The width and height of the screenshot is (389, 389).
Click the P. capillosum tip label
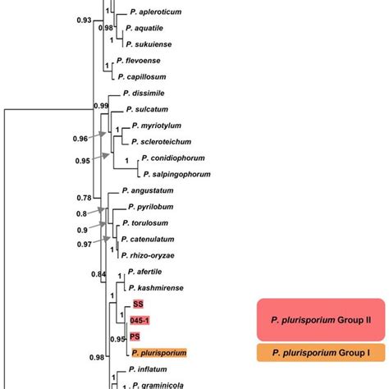pyautogui.click(x=148, y=76)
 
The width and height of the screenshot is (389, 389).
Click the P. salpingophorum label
pyautogui.click(x=176, y=174)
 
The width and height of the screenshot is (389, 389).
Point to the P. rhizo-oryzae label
pyautogui.click(x=153, y=254)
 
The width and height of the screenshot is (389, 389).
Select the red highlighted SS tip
pyautogui.click(x=138, y=304)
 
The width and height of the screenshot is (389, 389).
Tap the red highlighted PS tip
pyautogui.click(x=135, y=336)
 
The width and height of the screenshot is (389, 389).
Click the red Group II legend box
pyautogui.click(x=321, y=319)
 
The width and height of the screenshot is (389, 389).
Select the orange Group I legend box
pyautogui.click(x=321, y=352)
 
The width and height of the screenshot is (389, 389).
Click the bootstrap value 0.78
pyautogui.click(x=83, y=197)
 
